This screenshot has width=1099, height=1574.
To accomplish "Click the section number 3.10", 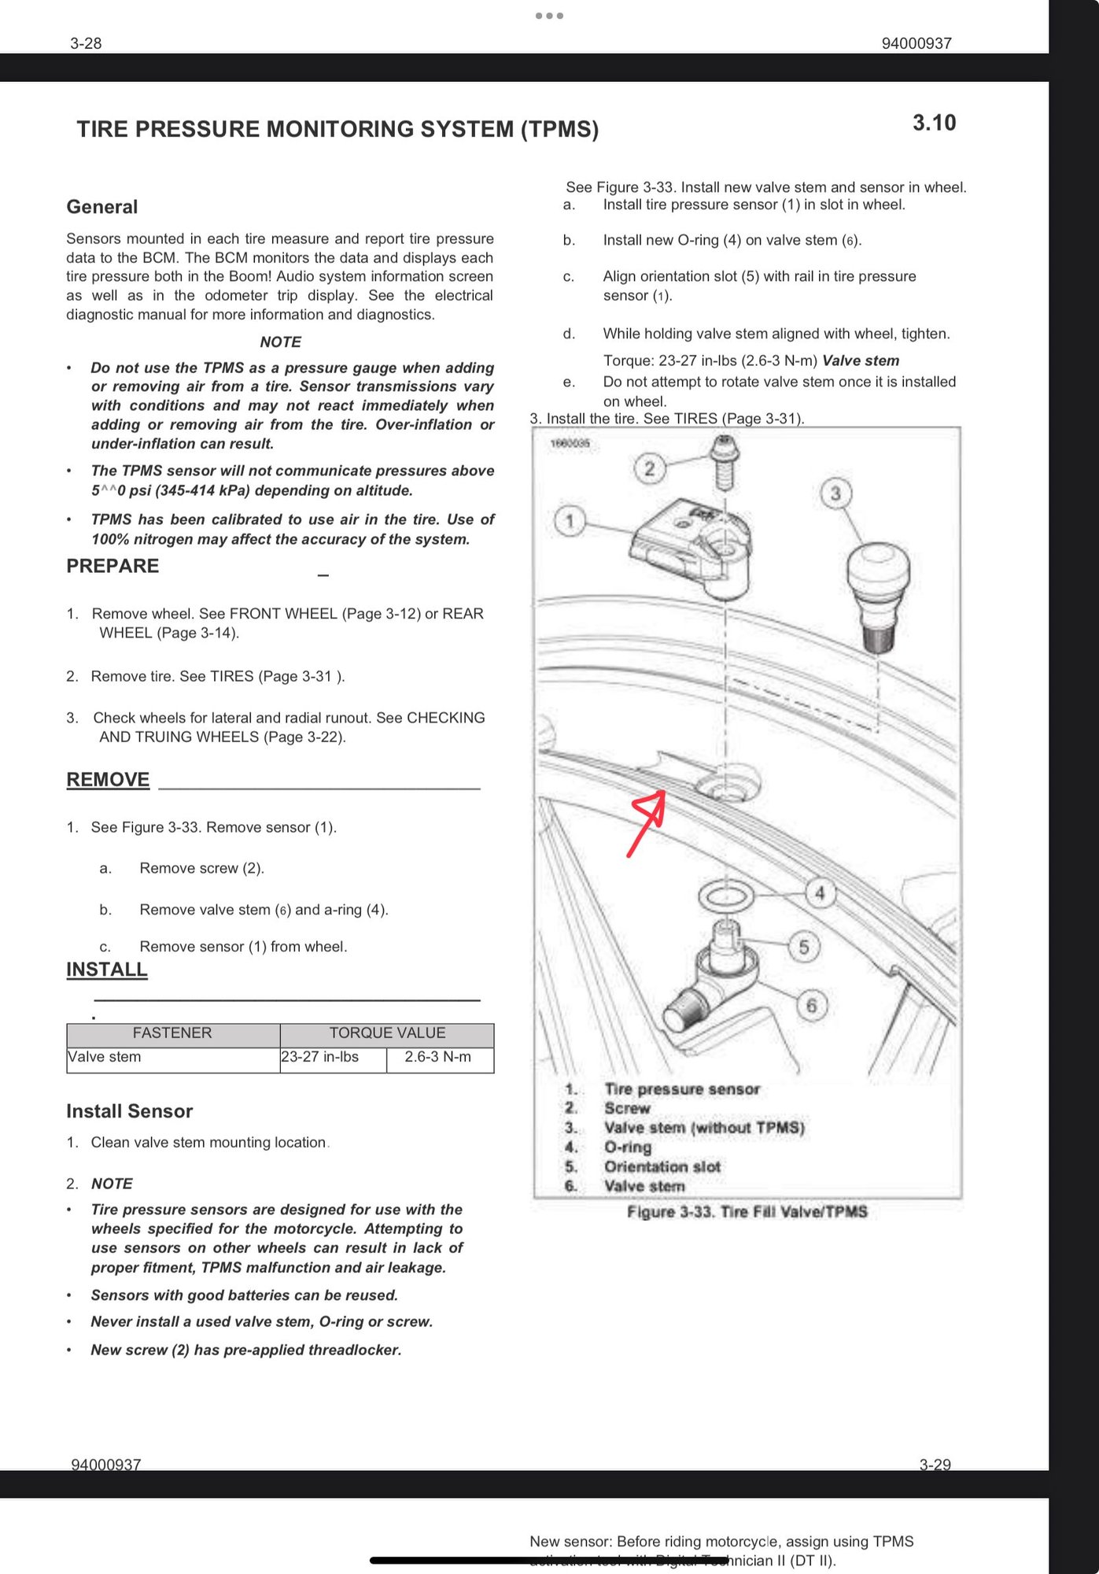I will tap(934, 123).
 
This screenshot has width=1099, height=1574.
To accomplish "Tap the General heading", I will tap(102, 207).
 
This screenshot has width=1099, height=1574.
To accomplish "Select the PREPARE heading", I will tap(112, 566).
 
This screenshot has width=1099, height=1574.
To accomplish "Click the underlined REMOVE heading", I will tap(108, 779).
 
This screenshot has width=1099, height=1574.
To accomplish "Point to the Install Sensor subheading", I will tap(129, 1111).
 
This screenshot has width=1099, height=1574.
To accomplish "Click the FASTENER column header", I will tap(172, 1033).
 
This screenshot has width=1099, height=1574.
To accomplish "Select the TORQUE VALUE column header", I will tap(387, 1033).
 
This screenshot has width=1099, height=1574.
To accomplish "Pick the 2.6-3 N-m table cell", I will tap(438, 1057).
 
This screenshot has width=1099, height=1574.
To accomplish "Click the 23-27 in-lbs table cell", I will tap(319, 1057).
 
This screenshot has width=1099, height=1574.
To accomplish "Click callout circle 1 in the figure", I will tap(570, 520).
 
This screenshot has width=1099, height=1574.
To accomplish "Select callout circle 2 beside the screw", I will tap(650, 469).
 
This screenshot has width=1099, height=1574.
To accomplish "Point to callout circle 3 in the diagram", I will tap(835, 493).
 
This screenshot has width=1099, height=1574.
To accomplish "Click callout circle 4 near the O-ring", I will tap(820, 893).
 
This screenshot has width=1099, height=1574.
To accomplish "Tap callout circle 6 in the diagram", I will tap(812, 1005).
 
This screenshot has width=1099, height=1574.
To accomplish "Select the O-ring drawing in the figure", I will tap(725, 896).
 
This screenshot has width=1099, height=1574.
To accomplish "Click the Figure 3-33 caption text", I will tap(747, 1212).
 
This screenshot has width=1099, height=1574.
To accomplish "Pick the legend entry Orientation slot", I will tap(662, 1166).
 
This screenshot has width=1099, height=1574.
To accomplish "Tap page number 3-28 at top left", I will tap(86, 43).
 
